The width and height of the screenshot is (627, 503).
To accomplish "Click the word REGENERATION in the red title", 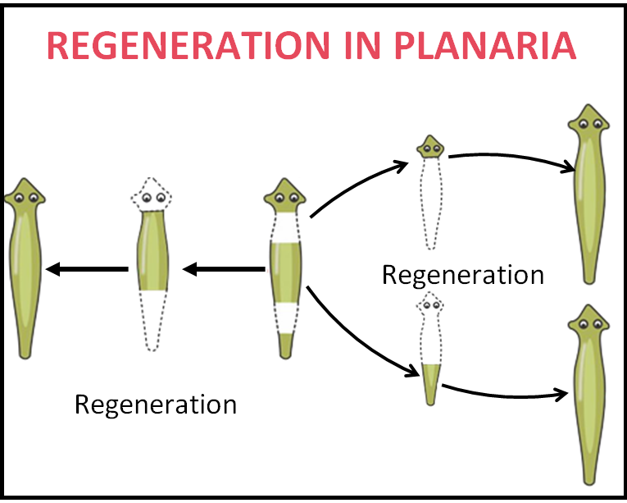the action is tap(189, 45).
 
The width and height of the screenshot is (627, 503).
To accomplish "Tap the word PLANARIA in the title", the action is tap(485, 45).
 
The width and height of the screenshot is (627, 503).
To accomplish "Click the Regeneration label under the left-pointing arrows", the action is tap(156, 405).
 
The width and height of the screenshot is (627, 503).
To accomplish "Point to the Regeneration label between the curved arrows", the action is tap(463, 275).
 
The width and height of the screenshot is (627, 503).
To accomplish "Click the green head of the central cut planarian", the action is tap(284, 195).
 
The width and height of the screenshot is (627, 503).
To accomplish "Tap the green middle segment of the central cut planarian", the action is tap(285, 272).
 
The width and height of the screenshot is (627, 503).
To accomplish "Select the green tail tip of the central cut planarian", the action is tap(285, 345).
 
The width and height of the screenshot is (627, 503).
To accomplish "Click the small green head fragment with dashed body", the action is tap(430, 147).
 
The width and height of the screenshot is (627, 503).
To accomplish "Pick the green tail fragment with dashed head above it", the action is tap(430, 384).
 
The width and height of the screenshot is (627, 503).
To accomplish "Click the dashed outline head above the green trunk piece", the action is tap(151, 194).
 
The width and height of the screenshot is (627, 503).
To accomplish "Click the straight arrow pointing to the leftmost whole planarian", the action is tap(87, 269).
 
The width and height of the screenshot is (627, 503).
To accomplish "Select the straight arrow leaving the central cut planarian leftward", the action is tap(224, 269).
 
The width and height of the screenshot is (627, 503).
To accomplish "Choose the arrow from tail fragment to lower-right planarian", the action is tap(505, 396).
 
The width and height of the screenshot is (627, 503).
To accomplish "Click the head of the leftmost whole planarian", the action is tap(25, 195).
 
